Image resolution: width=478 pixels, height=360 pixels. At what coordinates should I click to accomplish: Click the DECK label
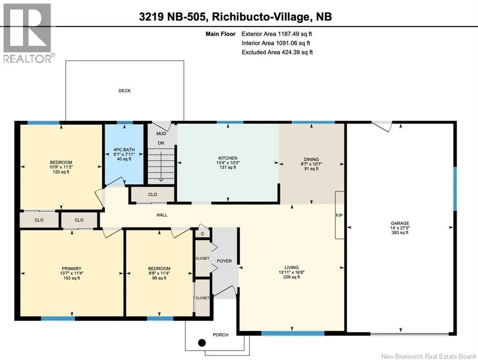124,91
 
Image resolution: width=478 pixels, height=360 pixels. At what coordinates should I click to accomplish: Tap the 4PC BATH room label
124,150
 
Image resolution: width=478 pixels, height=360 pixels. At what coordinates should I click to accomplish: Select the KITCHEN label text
228,158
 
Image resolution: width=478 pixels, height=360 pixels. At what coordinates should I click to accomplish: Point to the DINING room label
311,159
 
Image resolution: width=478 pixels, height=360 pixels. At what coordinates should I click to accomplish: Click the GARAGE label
400,223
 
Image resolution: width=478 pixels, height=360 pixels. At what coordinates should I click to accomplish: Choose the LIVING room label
292,267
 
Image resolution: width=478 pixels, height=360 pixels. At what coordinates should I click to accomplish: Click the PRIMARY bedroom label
72,269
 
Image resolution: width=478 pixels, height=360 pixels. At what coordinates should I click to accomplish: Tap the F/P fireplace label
339,215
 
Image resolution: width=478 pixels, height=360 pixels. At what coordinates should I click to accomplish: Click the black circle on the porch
202,343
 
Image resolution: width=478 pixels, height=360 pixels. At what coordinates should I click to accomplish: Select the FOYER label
224,261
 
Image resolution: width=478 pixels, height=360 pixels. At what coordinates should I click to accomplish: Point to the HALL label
162,215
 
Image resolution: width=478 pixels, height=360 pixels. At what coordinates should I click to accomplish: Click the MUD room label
161,134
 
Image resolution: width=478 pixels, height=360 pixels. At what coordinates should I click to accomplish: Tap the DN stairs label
161,143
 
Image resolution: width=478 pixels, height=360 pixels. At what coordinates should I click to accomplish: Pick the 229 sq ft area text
292,277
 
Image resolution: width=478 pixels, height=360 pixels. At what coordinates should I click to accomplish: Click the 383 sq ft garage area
400,232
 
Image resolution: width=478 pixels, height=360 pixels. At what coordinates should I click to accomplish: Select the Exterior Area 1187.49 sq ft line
277,34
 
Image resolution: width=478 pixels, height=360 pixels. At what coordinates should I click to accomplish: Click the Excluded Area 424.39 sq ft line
277,52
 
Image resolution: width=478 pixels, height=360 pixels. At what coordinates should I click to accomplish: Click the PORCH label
220,335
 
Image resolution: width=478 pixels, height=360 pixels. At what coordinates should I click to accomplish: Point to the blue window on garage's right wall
455,188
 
